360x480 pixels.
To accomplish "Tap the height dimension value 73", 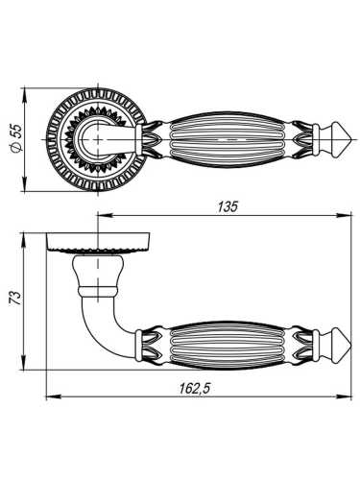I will coord(12,300).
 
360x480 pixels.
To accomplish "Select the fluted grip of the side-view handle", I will coord(228,341).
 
